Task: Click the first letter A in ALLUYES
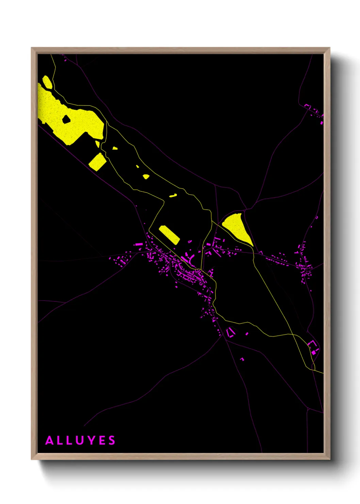point(50,440)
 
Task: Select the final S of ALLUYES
point(112,440)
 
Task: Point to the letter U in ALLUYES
point(80,440)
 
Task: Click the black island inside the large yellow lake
point(66,119)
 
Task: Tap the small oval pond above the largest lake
point(47,82)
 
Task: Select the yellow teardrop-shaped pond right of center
point(238,227)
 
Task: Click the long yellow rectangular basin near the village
point(169,235)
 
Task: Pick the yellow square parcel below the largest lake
point(97,161)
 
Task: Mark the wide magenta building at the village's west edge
point(139,244)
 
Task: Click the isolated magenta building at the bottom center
point(242,359)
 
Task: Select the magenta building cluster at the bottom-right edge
point(313,348)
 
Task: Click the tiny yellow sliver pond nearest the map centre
point(173,195)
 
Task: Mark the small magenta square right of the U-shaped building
point(247,334)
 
